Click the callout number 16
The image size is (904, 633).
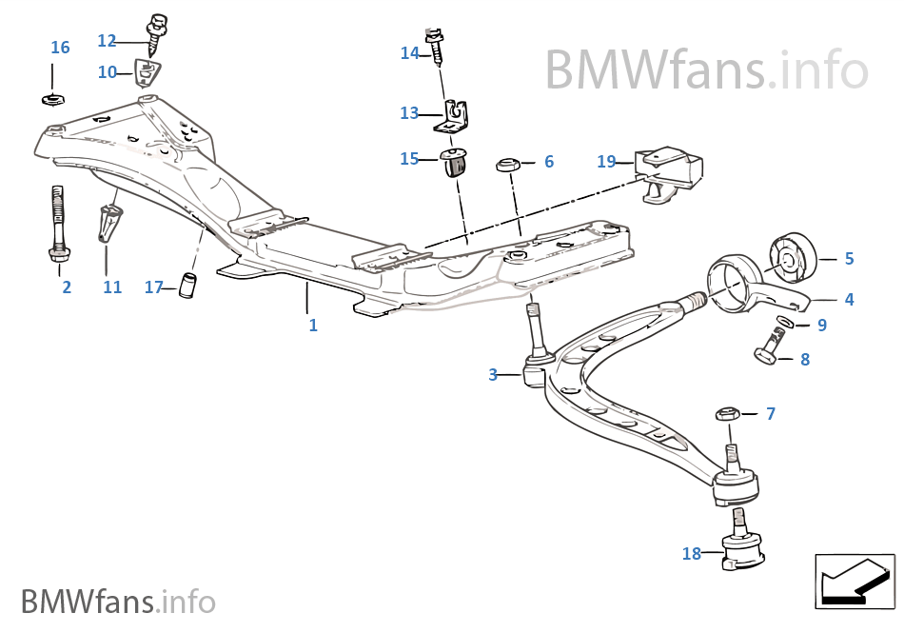[60, 48]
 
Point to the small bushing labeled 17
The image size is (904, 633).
[188, 284]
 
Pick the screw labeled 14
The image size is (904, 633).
[437, 47]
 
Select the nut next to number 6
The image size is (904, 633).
[507, 166]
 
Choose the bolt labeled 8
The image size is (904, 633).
[772, 347]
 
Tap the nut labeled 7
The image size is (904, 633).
[727, 414]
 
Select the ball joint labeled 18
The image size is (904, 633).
[741, 550]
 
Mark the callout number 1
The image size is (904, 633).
[313, 325]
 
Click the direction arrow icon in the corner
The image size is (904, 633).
[855, 580]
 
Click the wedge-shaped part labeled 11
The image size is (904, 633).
[110, 225]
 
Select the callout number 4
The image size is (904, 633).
[849, 299]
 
